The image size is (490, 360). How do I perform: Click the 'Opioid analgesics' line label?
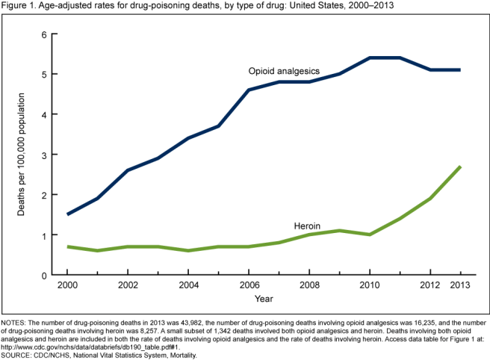pyautogui.click(x=284, y=71)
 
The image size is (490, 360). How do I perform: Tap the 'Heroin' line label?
pyautogui.click(x=307, y=226)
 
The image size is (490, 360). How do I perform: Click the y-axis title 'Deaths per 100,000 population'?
pyautogui.click(x=22, y=155)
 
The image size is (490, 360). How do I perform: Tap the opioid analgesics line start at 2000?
pyautogui.click(x=68, y=214)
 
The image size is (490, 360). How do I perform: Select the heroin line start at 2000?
pyautogui.click(x=68, y=246)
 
